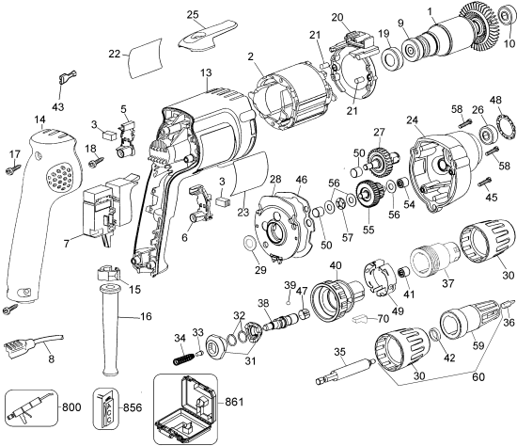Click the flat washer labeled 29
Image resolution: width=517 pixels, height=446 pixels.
click(252, 247)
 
